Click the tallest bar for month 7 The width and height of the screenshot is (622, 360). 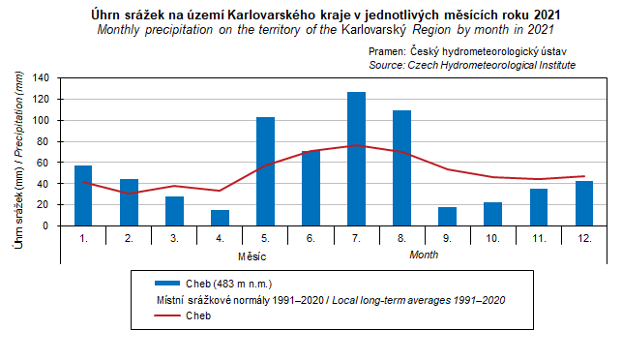pyautogui.click(x=356, y=159)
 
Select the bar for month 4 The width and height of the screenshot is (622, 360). pyautogui.click(x=220, y=218)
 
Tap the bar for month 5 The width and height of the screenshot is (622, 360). pyautogui.click(x=265, y=171)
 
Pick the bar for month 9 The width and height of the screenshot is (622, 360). pyautogui.click(x=447, y=217)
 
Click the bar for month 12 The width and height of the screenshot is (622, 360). pyautogui.click(x=584, y=203)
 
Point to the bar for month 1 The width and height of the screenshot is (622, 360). pyautogui.click(x=83, y=195)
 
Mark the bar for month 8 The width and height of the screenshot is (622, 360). pyautogui.click(x=401, y=168)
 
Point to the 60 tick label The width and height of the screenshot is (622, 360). pyautogui.click(x=45, y=163)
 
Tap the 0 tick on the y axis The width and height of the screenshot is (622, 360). pyautogui.click(x=46, y=225)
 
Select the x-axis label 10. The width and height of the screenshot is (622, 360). pyautogui.click(x=492, y=238)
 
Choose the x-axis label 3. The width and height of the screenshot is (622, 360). pyautogui.click(x=174, y=238)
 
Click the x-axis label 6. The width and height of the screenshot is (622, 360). pyautogui.click(x=311, y=238)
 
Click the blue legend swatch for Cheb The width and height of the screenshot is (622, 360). pyautogui.click(x=167, y=284)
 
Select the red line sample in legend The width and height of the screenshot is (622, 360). pyautogui.click(x=167, y=315)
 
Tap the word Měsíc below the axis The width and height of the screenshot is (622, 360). pyautogui.click(x=252, y=256)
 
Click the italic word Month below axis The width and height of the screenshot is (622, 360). pyautogui.click(x=424, y=255)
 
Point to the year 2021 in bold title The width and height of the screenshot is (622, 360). pyautogui.click(x=547, y=15)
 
